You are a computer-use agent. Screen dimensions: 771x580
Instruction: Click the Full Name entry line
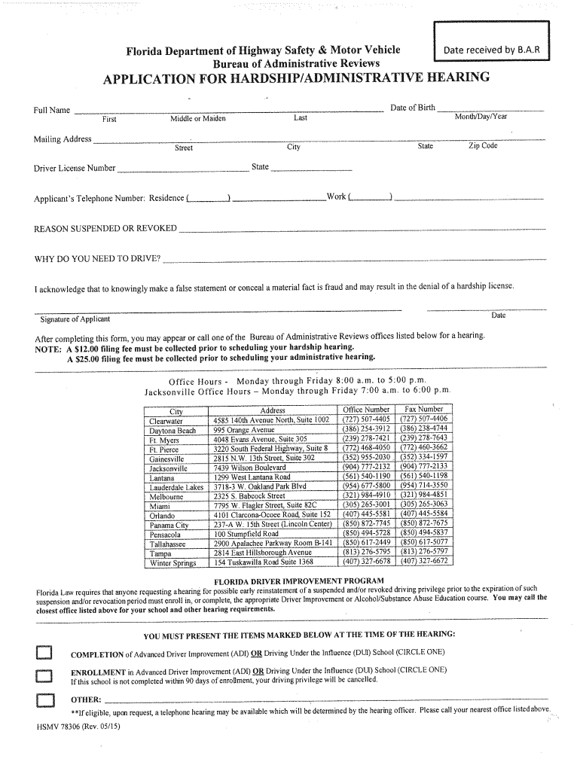coord(226,110)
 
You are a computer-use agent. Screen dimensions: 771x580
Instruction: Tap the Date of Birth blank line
coord(490,109)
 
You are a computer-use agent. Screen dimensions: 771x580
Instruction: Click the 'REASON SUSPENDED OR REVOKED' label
coord(106,228)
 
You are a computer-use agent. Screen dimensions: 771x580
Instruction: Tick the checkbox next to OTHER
coord(46,701)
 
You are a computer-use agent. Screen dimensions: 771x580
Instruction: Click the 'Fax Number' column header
coord(424,410)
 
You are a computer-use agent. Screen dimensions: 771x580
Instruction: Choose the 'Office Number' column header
coord(366,410)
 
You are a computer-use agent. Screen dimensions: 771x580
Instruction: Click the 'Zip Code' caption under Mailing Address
coord(483,146)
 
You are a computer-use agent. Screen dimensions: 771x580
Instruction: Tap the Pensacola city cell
coord(166,533)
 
